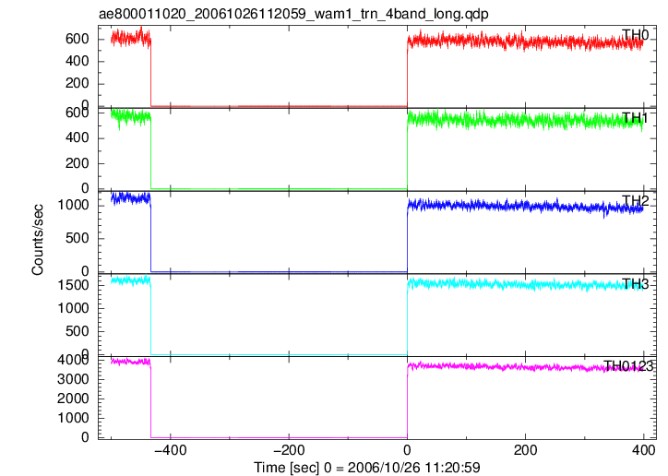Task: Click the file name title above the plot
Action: [x=293, y=14]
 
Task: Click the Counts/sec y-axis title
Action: [x=38, y=240]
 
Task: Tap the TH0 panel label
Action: [x=635, y=35]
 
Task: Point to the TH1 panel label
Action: [x=635, y=118]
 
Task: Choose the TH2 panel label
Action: [x=635, y=201]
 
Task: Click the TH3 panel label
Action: [x=635, y=283]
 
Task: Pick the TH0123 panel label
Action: [x=628, y=366]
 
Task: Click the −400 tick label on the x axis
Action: [x=171, y=450]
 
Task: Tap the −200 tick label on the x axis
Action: [x=289, y=450]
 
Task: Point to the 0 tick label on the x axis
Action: [x=407, y=450]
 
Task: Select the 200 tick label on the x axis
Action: [x=526, y=450]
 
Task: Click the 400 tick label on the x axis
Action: [x=644, y=450]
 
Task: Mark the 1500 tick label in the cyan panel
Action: [x=73, y=285]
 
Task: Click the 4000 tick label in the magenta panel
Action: [x=73, y=360]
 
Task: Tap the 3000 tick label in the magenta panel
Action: [x=73, y=379]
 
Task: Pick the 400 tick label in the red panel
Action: [x=78, y=61]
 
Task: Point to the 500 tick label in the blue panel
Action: [x=78, y=238]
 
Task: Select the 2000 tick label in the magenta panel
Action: [x=73, y=399]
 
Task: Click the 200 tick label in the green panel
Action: [x=78, y=163]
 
